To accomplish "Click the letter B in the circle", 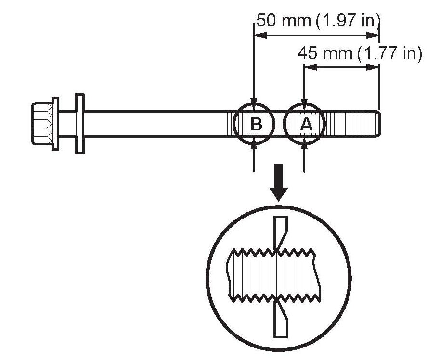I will coord(256,124).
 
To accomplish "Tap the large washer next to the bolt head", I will coord(79,123).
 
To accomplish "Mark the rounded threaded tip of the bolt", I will coord(378,124).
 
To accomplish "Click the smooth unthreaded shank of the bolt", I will coord(154,124).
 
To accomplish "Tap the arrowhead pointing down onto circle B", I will coord(254,101).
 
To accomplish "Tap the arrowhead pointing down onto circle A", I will coord(304,101).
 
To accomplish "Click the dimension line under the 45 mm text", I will coord(342,67).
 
